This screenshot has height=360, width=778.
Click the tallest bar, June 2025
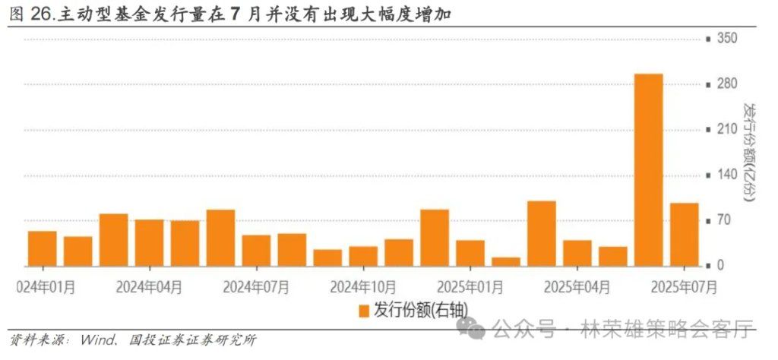[x=648, y=170]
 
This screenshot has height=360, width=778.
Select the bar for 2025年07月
[x=684, y=235]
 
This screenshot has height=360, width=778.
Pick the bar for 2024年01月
[x=43, y=248]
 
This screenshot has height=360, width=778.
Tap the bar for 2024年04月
[x=150, y=243]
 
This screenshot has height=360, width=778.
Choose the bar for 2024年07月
[x=256, y=251]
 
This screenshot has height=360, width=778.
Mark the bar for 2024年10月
[x=363, y=256]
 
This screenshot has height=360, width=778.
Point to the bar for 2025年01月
[x=470, y=253]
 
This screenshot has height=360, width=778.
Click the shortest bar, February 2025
[x=506, y=261]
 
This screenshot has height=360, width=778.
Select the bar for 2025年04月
[x=577, y=253]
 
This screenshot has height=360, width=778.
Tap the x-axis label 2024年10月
[x=363, y=287]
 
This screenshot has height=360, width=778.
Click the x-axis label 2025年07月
[x=684, y=287]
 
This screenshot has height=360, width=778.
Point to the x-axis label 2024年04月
[x=150, y=287]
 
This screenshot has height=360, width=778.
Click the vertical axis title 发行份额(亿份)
[x=751, y=152]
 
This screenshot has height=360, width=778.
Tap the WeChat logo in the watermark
[x=472, y=329]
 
